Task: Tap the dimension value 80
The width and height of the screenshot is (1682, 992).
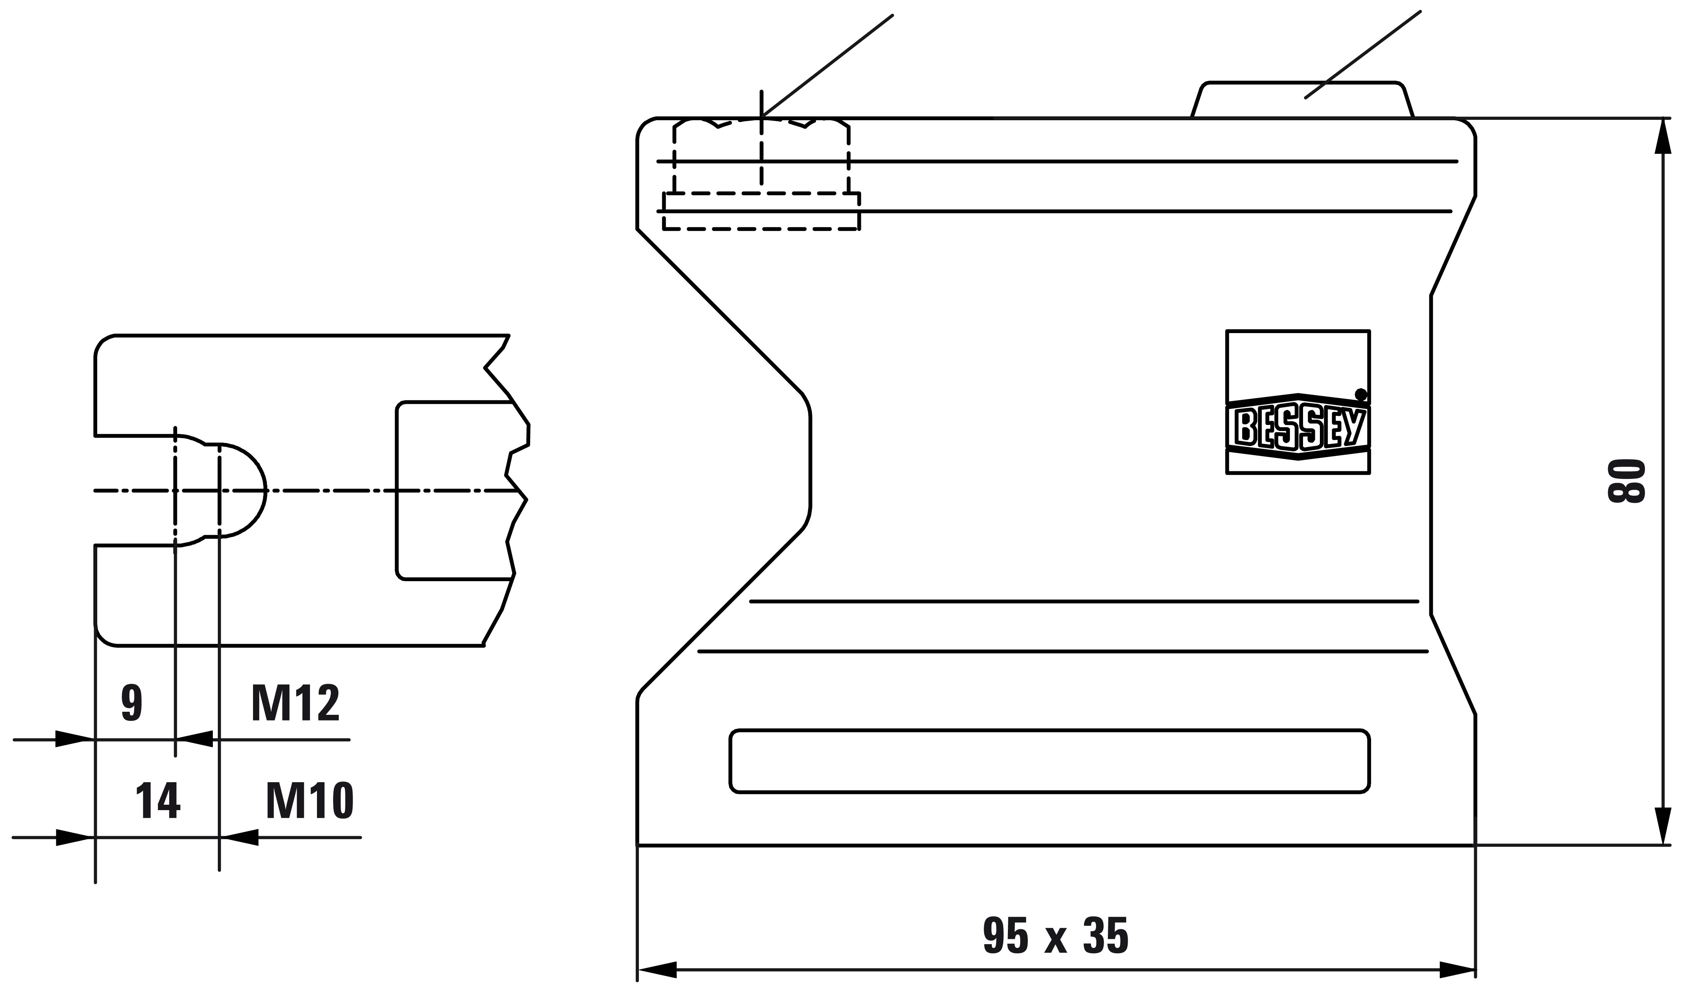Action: click(x=1625, y=480)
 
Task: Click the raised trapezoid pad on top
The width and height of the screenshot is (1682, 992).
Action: click(x=1302, y=100)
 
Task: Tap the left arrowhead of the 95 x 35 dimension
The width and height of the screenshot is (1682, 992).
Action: click(x=658, y=970)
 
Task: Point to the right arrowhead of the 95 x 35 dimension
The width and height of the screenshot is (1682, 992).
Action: click(x=1457, y=970)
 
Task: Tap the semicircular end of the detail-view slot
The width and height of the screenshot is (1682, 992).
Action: click(x=243, y=490)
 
